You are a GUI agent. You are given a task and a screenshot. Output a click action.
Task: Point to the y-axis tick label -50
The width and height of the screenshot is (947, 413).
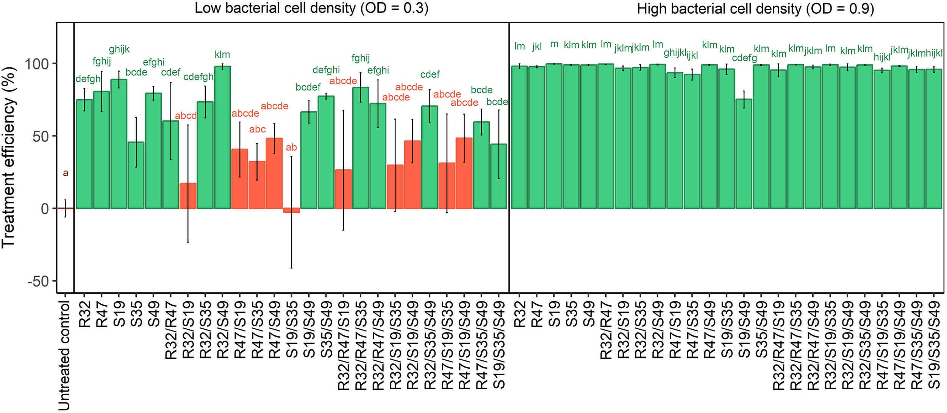[38, 282]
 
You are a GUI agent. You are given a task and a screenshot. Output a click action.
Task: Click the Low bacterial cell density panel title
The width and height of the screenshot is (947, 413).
[311, 8]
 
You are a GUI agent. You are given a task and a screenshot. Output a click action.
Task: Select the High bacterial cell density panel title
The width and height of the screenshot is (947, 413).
[755, 8]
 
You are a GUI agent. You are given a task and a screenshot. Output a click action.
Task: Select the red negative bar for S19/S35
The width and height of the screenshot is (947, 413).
[291, 210]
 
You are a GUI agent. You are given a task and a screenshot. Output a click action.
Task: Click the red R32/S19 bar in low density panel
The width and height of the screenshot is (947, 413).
[188, 196]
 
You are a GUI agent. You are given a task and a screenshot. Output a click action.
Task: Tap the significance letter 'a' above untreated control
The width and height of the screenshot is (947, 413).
[66, 173]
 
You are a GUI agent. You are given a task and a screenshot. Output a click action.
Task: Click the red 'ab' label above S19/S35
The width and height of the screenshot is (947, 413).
[291, 148]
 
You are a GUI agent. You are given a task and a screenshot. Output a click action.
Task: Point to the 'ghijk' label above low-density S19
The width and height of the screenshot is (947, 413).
[119, 49]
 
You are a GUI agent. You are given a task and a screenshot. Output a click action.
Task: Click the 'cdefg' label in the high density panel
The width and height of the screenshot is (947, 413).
[744, 58]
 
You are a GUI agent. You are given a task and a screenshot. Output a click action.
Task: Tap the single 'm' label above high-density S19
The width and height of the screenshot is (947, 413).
[554, 44]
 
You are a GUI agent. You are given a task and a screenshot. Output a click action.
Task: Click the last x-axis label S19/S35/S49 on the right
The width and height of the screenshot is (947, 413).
[934, 345]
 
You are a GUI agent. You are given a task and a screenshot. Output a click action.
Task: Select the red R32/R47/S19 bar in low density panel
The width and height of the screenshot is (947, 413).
[343, 189]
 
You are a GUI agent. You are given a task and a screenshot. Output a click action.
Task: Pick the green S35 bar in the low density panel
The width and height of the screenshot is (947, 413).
[136, 175]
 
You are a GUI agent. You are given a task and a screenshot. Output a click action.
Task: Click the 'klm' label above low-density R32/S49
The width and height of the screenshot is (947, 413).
[222, 55]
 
